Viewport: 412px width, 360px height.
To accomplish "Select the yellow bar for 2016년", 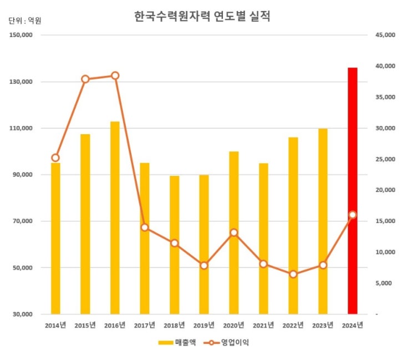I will pyautogui.click(x=115, y=217).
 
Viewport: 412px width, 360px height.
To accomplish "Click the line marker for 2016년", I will pyautogui.click(x=115, y=75).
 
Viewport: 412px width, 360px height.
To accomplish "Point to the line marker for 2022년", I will pyautogui.click(x=293, y=274).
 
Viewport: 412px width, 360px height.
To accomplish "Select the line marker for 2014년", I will pyautogui.click(x=55, y=158).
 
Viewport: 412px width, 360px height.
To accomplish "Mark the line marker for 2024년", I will pyautogui.click(x=353, y=215).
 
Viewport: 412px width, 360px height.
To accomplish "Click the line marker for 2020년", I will pyautogui.click(x=234, y=232).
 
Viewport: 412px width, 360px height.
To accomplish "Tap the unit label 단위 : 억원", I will pyautogui.click(x=25, y=21).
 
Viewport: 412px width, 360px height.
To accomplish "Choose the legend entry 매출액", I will pyautogui.click(x=178, y=342).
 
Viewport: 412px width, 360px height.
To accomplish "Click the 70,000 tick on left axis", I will pyautogui.click(x=23, y=221).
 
